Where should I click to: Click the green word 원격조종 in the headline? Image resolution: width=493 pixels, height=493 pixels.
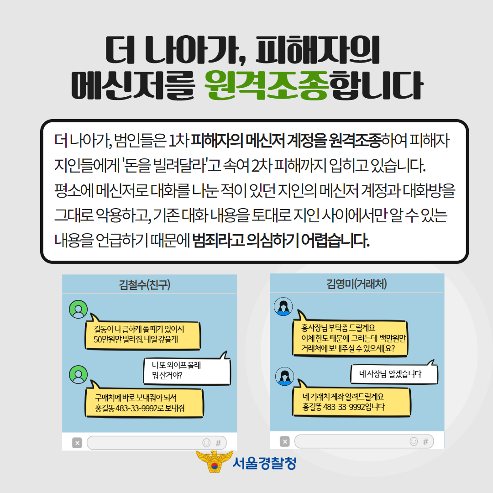267,85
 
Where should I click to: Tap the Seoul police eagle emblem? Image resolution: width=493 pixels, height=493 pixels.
214,462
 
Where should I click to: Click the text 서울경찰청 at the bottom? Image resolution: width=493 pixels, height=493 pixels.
264,463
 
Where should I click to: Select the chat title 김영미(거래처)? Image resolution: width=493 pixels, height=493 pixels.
357,284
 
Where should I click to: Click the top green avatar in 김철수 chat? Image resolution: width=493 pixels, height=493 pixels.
78,309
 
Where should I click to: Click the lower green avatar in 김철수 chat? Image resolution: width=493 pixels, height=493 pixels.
78,374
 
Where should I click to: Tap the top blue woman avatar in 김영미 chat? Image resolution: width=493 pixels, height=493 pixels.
283,306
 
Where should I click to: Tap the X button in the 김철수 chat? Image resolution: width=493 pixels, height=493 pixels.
77,442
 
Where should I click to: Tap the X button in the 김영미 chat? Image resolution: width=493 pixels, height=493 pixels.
285,441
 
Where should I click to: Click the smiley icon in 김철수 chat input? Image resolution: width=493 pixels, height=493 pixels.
206,442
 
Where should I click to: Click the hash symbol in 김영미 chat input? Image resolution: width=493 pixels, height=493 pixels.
425,441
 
